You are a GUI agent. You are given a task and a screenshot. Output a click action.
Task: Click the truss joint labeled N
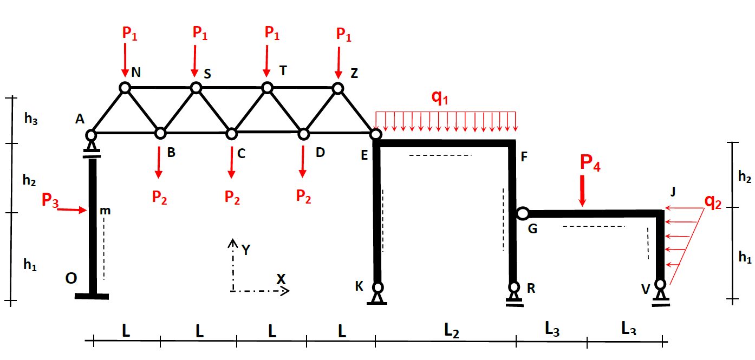(x=125, y=88)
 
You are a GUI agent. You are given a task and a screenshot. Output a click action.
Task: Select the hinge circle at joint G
(x=522, y=213)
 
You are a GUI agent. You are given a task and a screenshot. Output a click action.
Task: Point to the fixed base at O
(x=92, y=296)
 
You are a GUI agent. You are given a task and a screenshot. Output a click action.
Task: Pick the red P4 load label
(x=590, y=163)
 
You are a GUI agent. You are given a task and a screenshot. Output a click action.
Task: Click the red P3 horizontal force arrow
(x=71, y=210)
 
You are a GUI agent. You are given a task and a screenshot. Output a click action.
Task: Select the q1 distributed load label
(x=440, y=97)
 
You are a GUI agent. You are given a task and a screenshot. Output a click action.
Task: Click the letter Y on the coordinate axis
(x=246, y=250)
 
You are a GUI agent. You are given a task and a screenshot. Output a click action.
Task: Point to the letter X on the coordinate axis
(x=281, y=279)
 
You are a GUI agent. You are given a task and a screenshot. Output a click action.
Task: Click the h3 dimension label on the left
(x=31, y=120)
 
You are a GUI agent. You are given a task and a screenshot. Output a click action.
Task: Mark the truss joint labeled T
(x=266, y=87)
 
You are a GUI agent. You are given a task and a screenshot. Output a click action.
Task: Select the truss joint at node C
(x=231, y=133)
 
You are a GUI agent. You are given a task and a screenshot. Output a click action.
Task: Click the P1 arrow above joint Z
(x=339, y=61)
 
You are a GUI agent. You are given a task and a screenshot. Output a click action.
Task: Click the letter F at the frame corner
(x=524, y=158)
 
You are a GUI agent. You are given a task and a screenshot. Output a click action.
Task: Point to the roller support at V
(x=660, y=294)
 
